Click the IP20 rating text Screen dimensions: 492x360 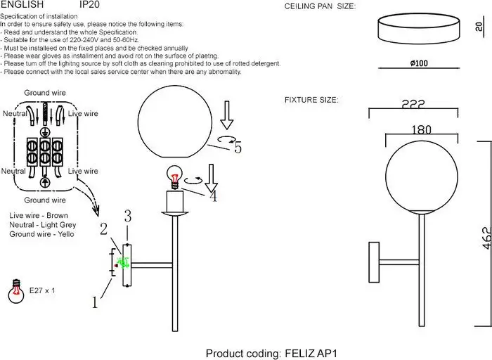(89, 4)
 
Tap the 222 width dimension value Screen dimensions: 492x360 (413, 104)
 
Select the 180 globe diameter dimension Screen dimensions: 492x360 (421, 129)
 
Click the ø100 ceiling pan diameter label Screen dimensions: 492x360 (419, 63)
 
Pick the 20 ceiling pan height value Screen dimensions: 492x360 (479, 27)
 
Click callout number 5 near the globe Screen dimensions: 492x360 (238, 148)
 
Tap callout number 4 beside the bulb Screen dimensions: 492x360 (214, 196)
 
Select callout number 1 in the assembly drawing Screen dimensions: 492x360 (95, 302)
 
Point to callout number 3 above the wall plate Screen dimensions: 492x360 (128, 216)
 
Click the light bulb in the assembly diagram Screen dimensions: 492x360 (174, 177)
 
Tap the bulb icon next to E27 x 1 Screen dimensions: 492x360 (16, 291)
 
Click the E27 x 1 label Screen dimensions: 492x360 (42, 290)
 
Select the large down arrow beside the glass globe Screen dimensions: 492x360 (226, 115)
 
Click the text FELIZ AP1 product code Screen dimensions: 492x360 (311, 354)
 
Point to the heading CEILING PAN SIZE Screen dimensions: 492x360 (320, 6)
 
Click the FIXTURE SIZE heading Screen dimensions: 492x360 (311, 100)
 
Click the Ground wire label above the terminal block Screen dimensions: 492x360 (45, 93)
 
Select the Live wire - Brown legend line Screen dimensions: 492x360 (39, 215)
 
